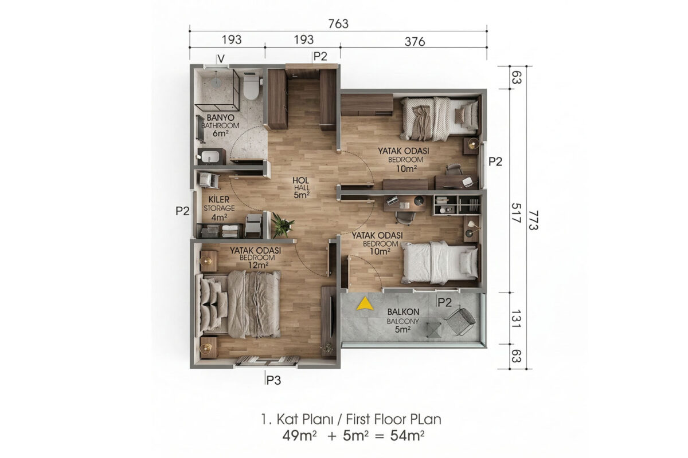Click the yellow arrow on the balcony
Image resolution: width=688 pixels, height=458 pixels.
(x=365, y=303)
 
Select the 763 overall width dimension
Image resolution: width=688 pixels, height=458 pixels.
(x=338, y=24)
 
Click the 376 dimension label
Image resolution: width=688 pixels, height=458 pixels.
(x=415, y=42)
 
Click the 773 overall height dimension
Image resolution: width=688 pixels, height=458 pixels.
(x=534, y=220)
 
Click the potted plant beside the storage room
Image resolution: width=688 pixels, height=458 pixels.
(x=282, y=225)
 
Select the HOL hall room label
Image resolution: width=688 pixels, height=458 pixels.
(x=300, y=180)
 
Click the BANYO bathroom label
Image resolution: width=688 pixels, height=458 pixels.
(x=221, y=117)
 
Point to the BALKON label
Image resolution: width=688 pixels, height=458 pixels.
(x=403, y=311)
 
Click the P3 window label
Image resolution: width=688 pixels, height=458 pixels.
(x=273, y=380)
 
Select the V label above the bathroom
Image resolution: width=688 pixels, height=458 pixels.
(x=221, y=58)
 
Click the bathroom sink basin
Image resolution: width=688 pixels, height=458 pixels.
(x=210, y=156)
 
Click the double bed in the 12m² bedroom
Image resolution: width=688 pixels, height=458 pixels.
(x=238, y=304)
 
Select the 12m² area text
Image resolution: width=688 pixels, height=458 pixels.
(x=259, y=265)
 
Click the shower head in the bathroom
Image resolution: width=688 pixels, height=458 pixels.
(x=216, y=80)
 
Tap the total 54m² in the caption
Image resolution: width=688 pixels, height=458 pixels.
(x=407, y=436)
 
